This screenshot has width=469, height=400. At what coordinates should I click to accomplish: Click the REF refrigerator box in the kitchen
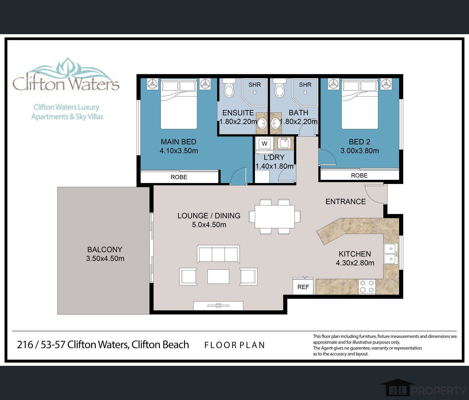pyautogui.click(x=303, y=287)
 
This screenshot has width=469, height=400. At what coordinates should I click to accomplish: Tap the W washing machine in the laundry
pyautogui.click(x=264, y=144)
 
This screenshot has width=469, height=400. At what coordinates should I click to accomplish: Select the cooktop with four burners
pyautogui.click(x=367, y=286)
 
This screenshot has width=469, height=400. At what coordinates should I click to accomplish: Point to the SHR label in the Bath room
pyautogui.click(x=305, y=84)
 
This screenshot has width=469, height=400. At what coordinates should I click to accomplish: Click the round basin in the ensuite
pyautogui.click(x=262, y=124)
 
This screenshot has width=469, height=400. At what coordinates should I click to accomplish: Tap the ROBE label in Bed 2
pyautogui.click(x=359, y=175)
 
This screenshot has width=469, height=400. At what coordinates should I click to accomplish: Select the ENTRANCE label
pyautogui.click(x=345, y=201)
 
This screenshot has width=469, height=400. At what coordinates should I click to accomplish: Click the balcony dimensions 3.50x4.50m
pyautogui.click(x=105, y=258)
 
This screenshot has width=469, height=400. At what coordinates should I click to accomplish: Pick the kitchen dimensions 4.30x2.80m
pyautogui.click(x=355, y=263)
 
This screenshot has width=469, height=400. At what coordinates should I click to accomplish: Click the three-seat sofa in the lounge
pyautogui.click(x=218, y=254)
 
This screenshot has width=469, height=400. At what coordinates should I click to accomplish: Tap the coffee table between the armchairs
pyautogui.click(x=218, y=276)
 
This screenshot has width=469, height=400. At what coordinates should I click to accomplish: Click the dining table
pyautogui.click(x=274, y=217)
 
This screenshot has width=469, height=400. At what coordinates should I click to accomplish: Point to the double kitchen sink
pyautogui.click(x=391, y=254)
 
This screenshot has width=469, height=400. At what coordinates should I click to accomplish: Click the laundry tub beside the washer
pyautogui.click(x=284, y=143)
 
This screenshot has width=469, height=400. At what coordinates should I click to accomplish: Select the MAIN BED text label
pyautogui.click(x=178, y=142)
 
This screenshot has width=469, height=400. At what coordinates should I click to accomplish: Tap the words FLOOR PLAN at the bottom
pyautogui.click(x=234, y=345)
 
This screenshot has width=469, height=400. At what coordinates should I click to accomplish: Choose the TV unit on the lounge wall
pyautogui.click(x=218, y=305)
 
